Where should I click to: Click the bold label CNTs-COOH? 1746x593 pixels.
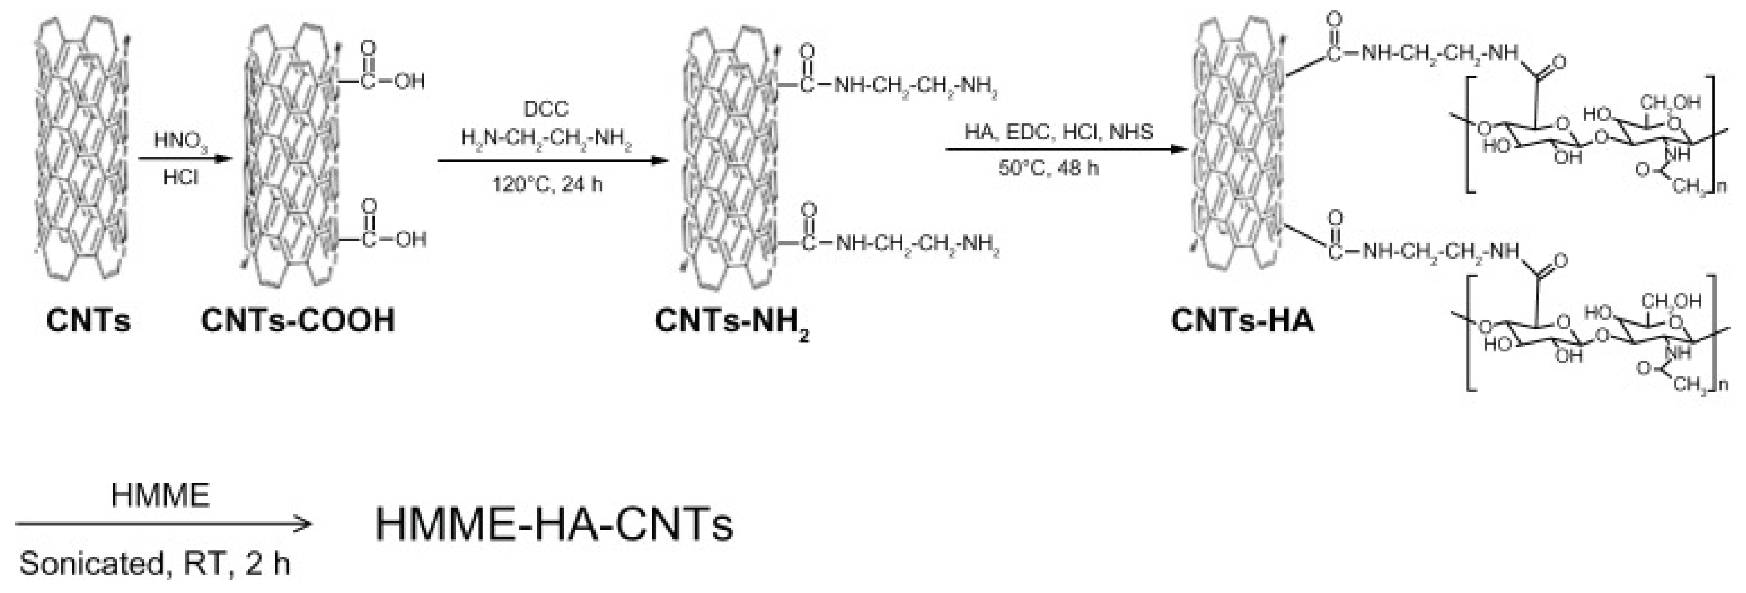pyautogui.click(x=298, y=320)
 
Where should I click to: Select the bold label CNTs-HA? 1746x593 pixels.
pyautogui.click(x=1242, y=320)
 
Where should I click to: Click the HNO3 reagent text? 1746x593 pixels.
pyautogui.click(x=180, y=141)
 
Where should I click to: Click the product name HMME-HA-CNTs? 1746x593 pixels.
pyautogui.click(x=554, y=524)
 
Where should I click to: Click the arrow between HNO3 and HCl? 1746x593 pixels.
pyautogui.click(x=180, y=160)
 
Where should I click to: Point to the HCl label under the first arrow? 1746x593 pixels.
pyautogui.click(x=180, y=178)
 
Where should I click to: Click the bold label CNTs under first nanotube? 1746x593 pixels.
pyautogui.click(x=88, y=320)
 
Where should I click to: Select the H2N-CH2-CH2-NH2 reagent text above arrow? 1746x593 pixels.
pyautogui.click(x=546, y=138)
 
